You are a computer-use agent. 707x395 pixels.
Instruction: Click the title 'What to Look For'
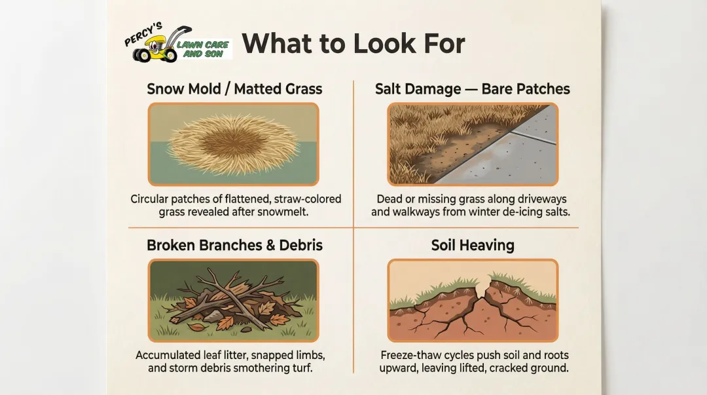(353, 43)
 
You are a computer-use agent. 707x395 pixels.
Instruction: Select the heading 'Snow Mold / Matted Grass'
(234, 88)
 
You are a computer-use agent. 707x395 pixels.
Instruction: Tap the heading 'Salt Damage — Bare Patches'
(473, 88)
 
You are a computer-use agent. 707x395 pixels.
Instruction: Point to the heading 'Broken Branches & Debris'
(234, 245)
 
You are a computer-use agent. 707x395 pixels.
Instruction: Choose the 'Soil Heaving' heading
(473, 245)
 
